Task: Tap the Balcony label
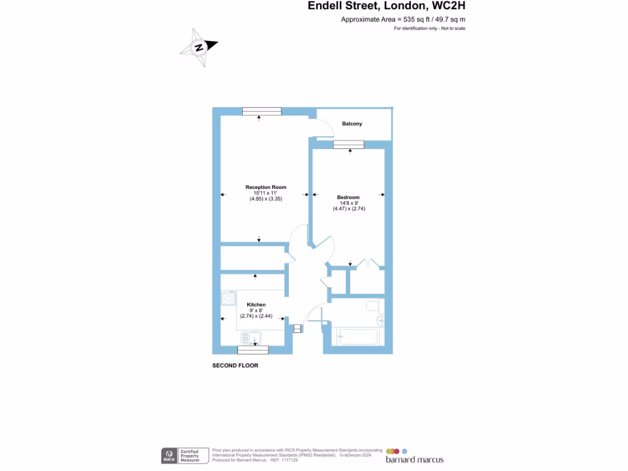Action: tap(352, 124)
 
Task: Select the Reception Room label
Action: tap(266, 187)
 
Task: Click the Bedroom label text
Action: tap(348, 197)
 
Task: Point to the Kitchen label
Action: tap(256, 305)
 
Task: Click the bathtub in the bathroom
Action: tap(358, 337)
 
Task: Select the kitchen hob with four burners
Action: tap(229, 299)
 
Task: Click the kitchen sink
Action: tap(251, 338)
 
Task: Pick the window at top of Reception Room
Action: tap(261, 111)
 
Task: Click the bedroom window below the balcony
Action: tap(349, 145)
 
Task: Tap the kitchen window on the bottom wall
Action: tap(253, 350)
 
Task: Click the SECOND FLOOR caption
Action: tap(235, 366)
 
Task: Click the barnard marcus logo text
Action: tap(414, 459)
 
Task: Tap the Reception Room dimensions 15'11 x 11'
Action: tap(266, 193)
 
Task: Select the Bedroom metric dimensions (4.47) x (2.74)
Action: tap(349, 209)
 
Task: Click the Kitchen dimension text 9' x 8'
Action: tap(256, 310)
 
